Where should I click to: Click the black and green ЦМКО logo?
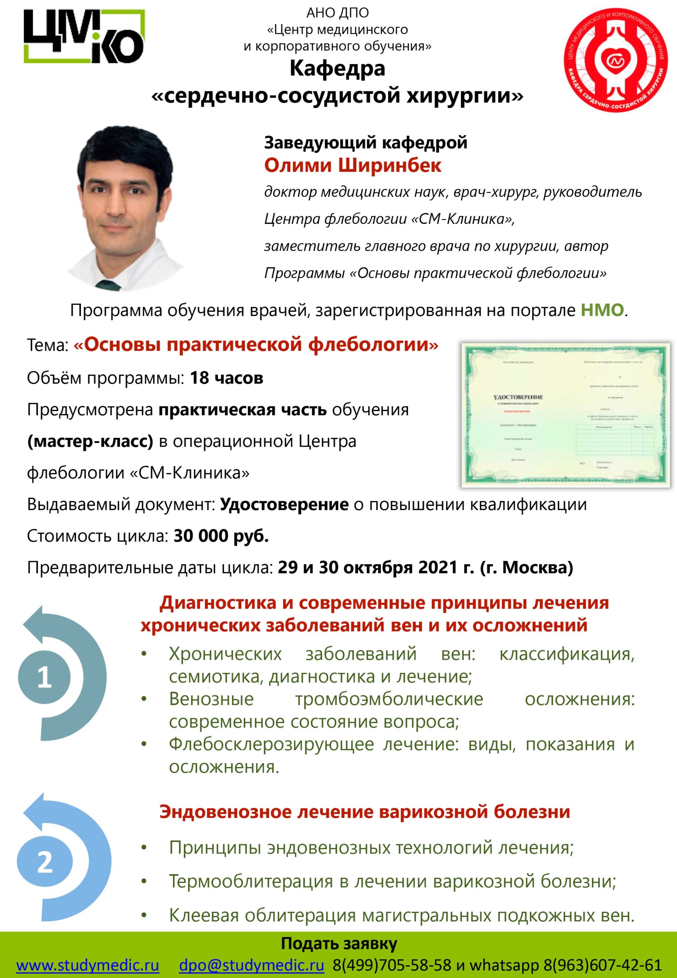pos(84,36)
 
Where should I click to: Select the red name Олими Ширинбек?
pos(353,165)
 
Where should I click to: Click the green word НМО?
pos(602,310)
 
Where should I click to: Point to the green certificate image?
pos(565,415)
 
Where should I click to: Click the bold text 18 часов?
pos(227,377)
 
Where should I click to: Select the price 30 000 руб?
pos(221,536)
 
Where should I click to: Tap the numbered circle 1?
pos(44,677)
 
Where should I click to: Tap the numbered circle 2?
pos(45,862)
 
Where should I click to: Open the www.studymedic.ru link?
pos(88,965)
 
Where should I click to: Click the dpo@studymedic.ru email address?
pos(251,965)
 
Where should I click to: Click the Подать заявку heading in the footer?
pos(338,944)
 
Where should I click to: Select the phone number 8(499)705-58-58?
pos(392,965)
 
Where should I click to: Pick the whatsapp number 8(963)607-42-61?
pos(602,965)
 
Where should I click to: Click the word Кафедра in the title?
pos(338,68)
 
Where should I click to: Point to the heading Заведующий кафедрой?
pos(366,142)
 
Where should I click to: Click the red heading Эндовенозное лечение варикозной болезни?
pos(365,812)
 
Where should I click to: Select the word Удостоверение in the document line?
pos(284,504)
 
